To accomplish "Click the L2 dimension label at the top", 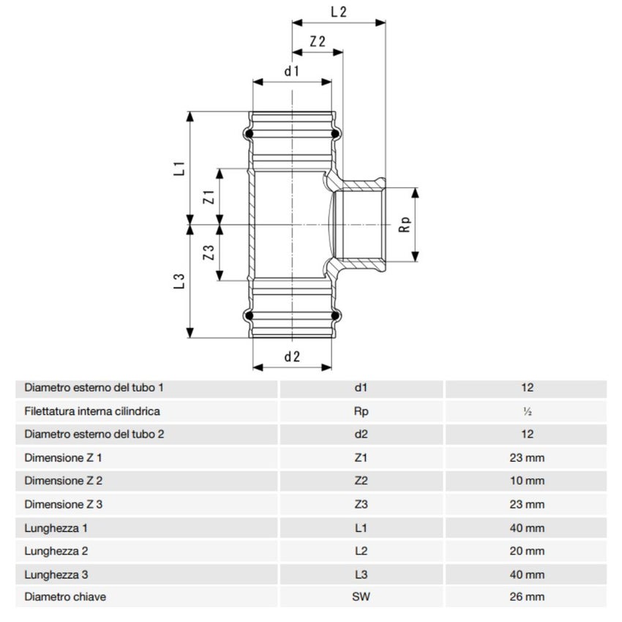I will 338,12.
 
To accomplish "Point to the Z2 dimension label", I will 318,42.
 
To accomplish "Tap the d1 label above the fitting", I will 292,71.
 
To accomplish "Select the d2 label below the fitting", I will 292,357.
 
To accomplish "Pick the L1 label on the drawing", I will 178,168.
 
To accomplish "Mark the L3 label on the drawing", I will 178,282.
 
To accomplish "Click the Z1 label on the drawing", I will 208,197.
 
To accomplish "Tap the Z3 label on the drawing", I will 208,253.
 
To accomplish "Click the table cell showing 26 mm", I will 527,596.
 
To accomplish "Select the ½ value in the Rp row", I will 527,411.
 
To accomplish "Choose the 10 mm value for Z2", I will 527,481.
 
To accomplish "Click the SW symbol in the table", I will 361,596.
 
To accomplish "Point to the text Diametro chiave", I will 65,596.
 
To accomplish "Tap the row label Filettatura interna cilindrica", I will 92,411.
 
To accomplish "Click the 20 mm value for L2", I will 527,550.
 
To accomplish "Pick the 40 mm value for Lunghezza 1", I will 527,528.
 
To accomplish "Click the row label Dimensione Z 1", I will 64,458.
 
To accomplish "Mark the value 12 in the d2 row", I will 527,434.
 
